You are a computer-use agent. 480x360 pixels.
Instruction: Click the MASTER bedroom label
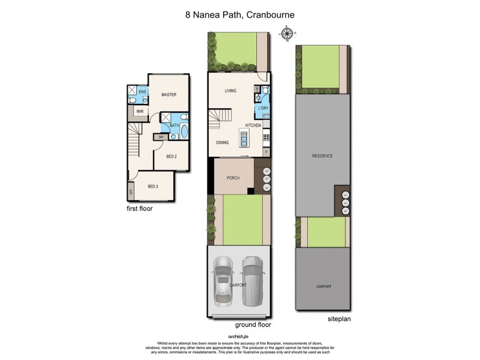coord(168,95)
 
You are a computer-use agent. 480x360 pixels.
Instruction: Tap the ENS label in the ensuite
coord(142,92)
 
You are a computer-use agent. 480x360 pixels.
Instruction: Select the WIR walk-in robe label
coord(139,112)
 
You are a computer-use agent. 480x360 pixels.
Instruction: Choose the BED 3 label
coord(153,187)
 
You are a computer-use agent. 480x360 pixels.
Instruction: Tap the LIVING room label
coord(230,91)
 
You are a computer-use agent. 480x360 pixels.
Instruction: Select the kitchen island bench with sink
coord(244,140)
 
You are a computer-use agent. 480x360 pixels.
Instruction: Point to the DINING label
coord(223,143)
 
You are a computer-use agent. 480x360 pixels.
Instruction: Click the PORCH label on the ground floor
coord(233,178)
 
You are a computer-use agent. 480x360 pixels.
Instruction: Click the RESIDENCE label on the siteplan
coord(322,156)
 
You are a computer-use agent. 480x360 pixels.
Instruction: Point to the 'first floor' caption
coord(139,209)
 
